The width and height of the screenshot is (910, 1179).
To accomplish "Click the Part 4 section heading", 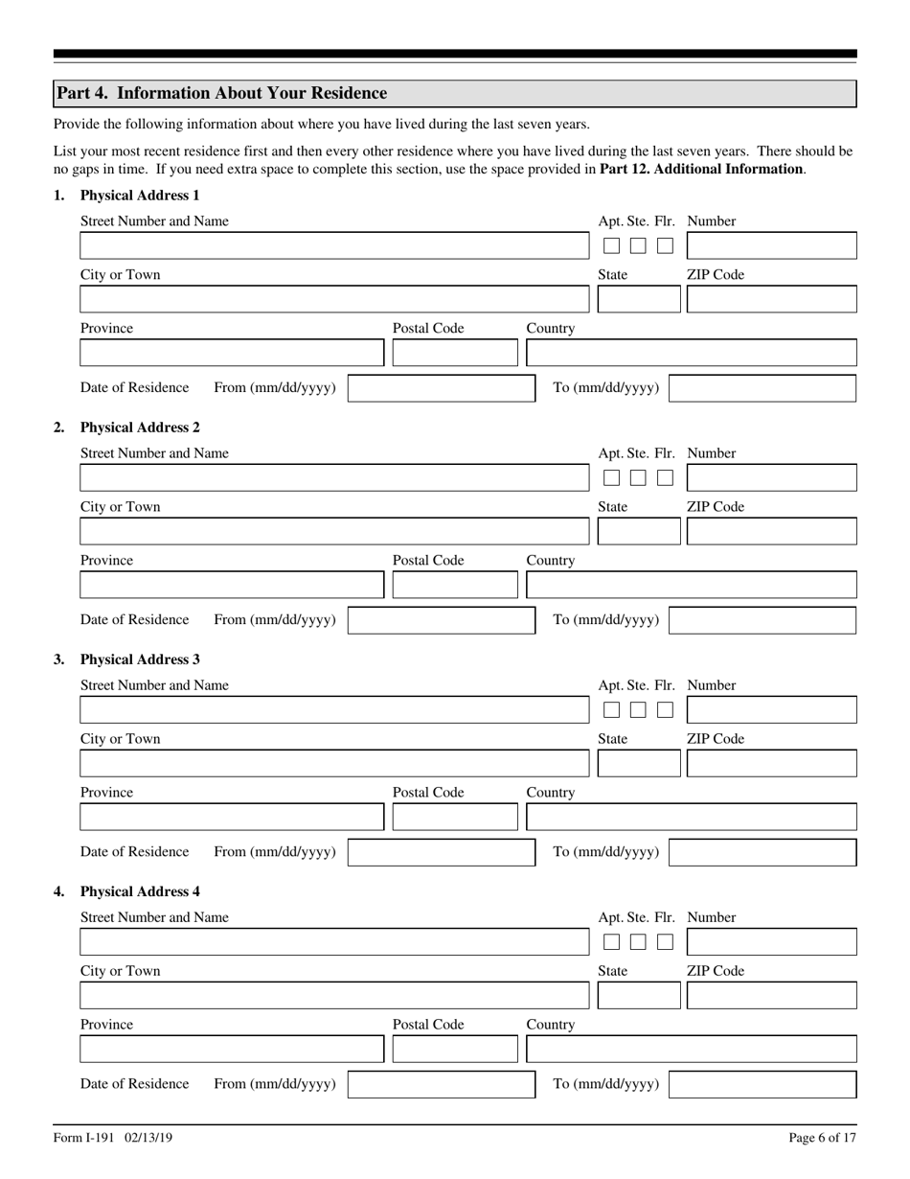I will [x=221, y=93].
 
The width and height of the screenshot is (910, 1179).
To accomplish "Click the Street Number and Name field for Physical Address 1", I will [x=333, y=245].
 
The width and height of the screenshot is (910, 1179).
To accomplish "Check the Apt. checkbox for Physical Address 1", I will [x=611, y=245].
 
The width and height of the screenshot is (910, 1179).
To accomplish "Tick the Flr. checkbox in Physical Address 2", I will [x=665, y=477].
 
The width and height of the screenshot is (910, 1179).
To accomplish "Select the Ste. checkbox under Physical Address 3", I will [x=638, y=709].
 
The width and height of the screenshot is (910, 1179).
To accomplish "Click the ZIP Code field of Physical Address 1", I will [x=771, y=299].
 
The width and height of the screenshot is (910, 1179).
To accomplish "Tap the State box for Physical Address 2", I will [x=638, y=531].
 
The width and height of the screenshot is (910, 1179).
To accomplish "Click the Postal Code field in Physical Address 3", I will [x=454, y=817].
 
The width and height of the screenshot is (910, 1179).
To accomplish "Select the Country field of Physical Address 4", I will [x=691, y=1049].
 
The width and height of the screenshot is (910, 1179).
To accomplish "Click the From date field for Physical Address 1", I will [x=441, y=388].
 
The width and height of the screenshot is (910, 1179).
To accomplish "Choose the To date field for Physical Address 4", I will [x=762, y=1084].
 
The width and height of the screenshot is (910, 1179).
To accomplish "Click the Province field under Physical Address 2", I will [x=231, y=585].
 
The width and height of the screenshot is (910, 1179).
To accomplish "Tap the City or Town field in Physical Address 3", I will [x=333, y=763].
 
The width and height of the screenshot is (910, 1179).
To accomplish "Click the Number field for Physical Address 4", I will [x=771, y=941].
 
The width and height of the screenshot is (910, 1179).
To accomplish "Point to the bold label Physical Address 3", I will [x=140, y=659].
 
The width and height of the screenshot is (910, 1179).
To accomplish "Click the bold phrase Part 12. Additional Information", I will [x=701, y=169].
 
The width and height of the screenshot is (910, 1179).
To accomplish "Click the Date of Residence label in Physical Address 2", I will [x=134, y=619].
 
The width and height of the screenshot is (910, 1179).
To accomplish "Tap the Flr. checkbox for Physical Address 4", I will [x=665, y=941].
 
